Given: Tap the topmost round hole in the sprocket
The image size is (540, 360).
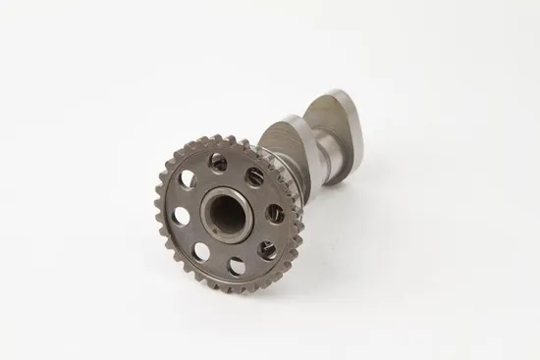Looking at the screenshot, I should (x=218, y=163).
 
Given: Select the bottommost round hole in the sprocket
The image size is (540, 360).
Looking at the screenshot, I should (x=236, y=265).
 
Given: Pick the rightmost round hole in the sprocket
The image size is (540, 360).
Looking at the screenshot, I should (x=276, y=213).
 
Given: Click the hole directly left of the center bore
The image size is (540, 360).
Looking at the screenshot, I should (x=181, y=215).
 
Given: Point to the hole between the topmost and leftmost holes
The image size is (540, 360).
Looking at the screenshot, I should (x=188, y=180).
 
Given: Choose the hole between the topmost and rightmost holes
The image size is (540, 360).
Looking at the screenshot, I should (x=255, y=177).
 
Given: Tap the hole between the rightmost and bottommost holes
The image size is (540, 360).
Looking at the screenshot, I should (x=267, y=249).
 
